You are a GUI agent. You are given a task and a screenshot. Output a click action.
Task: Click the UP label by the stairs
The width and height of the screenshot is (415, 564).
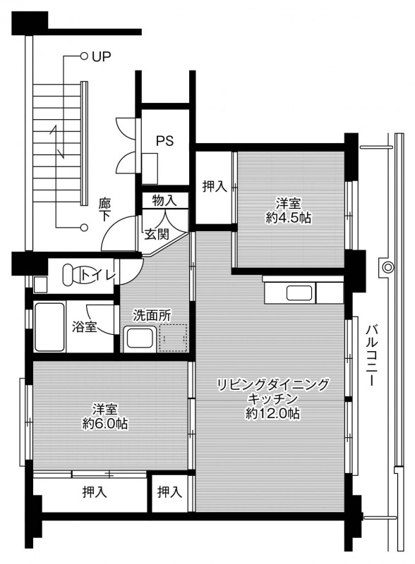coord(101,56)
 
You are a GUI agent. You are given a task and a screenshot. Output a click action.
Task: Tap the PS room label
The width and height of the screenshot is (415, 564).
coord(164,140)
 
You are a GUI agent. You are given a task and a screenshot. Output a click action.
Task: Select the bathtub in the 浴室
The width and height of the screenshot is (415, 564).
coord(49,327)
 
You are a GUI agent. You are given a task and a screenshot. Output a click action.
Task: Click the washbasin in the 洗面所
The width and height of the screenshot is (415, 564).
coord(140,338)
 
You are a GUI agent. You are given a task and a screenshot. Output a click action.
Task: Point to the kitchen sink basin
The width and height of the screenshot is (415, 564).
coord(299,293)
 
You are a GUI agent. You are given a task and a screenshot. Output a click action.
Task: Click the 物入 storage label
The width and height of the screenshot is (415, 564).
coord(164,200)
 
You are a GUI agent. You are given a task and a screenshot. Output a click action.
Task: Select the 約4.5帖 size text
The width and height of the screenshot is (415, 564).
coord(288,218)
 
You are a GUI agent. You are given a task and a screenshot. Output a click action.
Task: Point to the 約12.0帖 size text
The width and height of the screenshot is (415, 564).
coord(272,414)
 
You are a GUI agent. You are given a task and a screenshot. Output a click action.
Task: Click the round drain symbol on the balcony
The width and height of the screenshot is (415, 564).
coord(387,267)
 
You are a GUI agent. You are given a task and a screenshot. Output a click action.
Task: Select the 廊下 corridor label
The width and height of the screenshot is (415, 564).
coord(105,209)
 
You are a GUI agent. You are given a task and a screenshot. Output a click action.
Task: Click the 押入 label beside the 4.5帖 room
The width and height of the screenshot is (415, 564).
coord(215,186)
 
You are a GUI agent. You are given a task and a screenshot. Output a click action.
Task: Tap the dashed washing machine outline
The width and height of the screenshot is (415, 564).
coord(174,338)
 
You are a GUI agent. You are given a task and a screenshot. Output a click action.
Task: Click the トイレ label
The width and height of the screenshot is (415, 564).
coord(98,276)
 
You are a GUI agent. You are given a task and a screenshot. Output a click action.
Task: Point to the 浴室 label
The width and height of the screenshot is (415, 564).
coord(84,327)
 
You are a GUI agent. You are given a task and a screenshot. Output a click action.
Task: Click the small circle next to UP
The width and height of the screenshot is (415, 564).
coord(84,56)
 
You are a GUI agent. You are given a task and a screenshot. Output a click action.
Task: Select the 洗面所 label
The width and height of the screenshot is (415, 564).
coord(152,315)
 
